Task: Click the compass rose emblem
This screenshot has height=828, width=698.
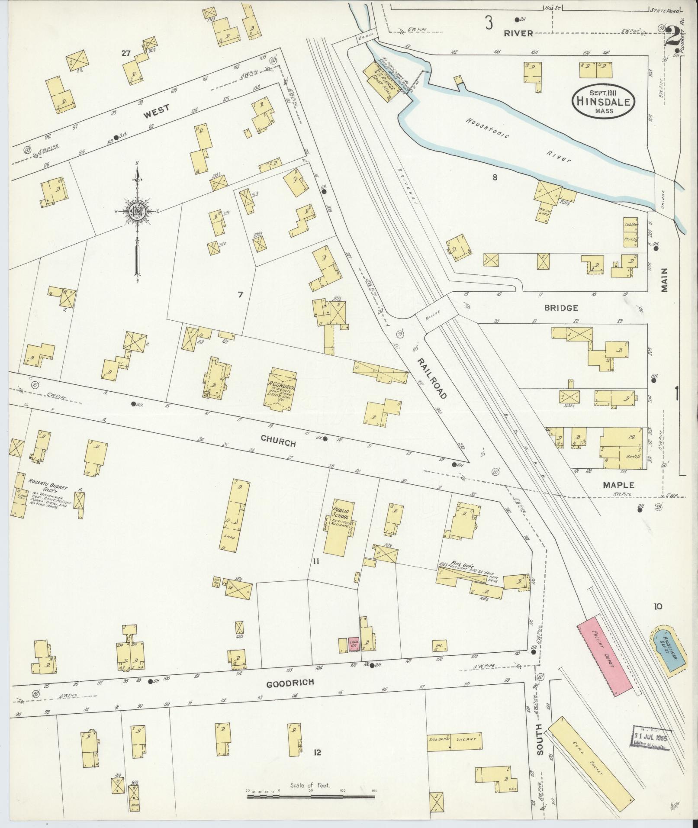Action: click(136, 211)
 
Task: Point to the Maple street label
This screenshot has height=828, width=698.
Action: click(618, 485)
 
